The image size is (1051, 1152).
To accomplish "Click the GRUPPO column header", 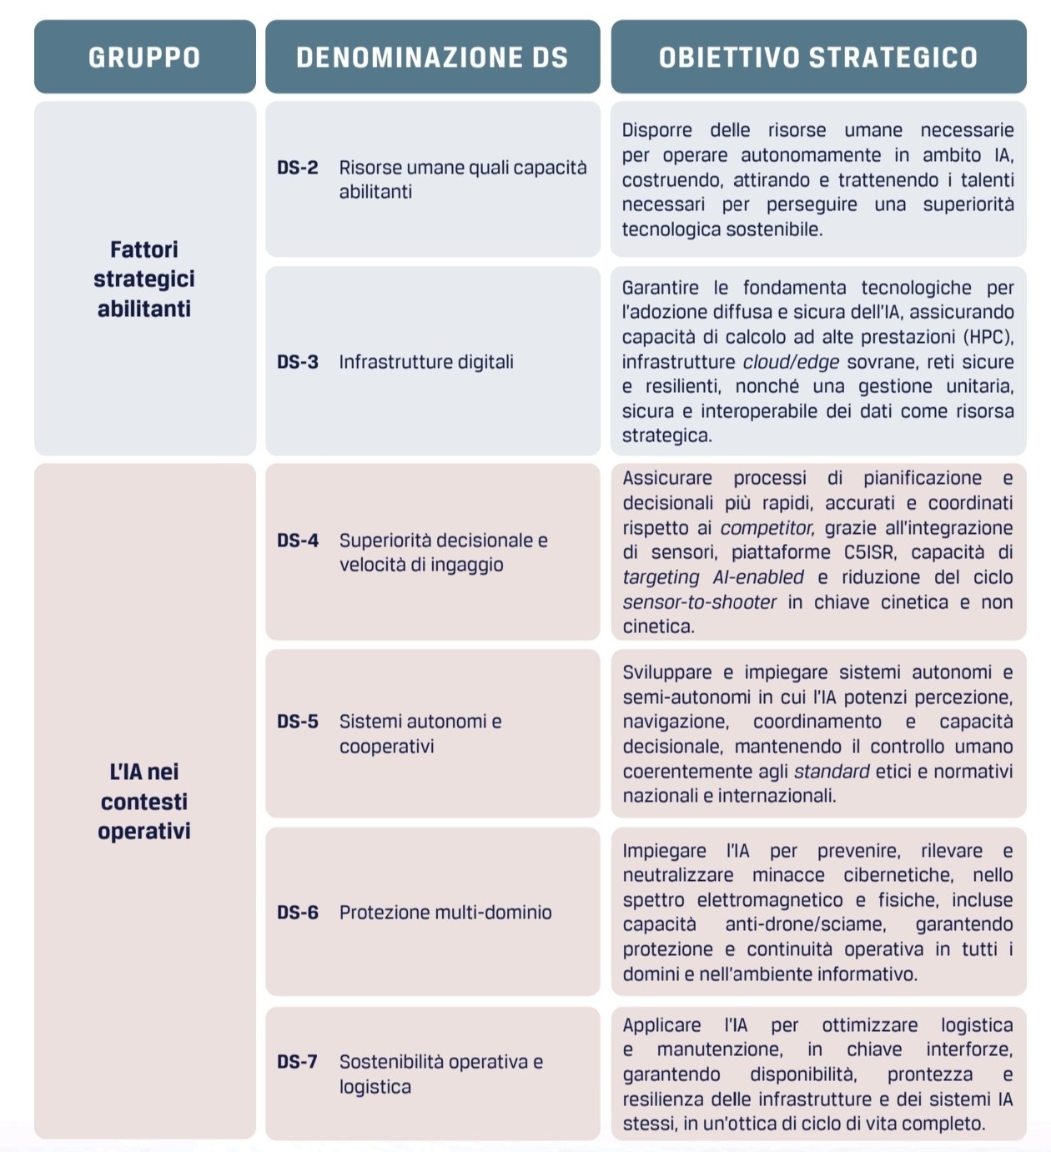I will point(144,57).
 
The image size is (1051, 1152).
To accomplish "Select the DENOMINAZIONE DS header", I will point(432,57).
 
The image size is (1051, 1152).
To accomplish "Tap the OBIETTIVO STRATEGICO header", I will point(817,57).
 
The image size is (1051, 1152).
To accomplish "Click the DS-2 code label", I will point(298,168).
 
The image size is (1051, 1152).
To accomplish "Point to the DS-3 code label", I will point(298,362).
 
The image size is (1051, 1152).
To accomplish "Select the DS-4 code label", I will point(298,541).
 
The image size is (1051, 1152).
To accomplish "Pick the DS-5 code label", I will point(298,722).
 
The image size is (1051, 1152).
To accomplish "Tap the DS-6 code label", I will point(298,913).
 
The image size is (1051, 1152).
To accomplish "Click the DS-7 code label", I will point(298,1062).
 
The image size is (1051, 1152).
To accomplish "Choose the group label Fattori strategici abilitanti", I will point(144,279).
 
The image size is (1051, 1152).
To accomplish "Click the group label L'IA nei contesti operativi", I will point(144,801).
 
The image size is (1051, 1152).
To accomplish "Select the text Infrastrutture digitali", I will point(426,362).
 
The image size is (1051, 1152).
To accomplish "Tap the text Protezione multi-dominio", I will point(445,913).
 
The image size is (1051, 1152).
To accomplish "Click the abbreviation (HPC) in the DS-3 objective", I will point(988,337).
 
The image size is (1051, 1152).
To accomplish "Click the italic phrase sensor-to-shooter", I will point(699,602).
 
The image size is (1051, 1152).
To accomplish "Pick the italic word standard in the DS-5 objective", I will point(832,772).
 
